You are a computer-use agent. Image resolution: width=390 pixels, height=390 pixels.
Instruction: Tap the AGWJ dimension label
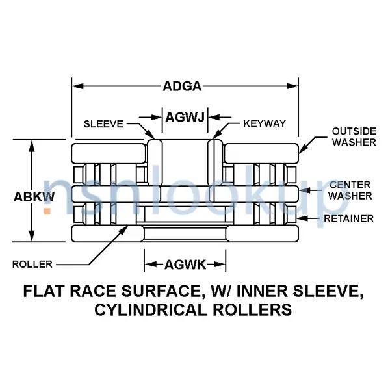[185, 118]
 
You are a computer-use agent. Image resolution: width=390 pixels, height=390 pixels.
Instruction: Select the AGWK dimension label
[185, 264]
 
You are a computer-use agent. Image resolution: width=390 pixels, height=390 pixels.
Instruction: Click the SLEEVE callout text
[103, 123]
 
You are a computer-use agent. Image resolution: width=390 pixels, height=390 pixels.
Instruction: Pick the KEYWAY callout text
[265, 123]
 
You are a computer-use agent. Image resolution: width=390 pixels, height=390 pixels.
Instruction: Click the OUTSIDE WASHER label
[354, 136]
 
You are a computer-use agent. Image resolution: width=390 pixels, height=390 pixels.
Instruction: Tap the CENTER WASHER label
[350, 190]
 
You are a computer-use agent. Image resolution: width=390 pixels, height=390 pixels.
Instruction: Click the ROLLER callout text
[32, 264]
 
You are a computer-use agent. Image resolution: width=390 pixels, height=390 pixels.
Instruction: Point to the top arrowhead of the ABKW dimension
[32, 144]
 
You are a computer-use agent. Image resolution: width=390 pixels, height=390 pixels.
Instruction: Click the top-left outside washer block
[108, 153]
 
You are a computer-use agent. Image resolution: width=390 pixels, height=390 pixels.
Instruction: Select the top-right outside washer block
[260, 153]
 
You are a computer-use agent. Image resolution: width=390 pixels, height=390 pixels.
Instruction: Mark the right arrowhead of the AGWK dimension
[221, 264]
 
